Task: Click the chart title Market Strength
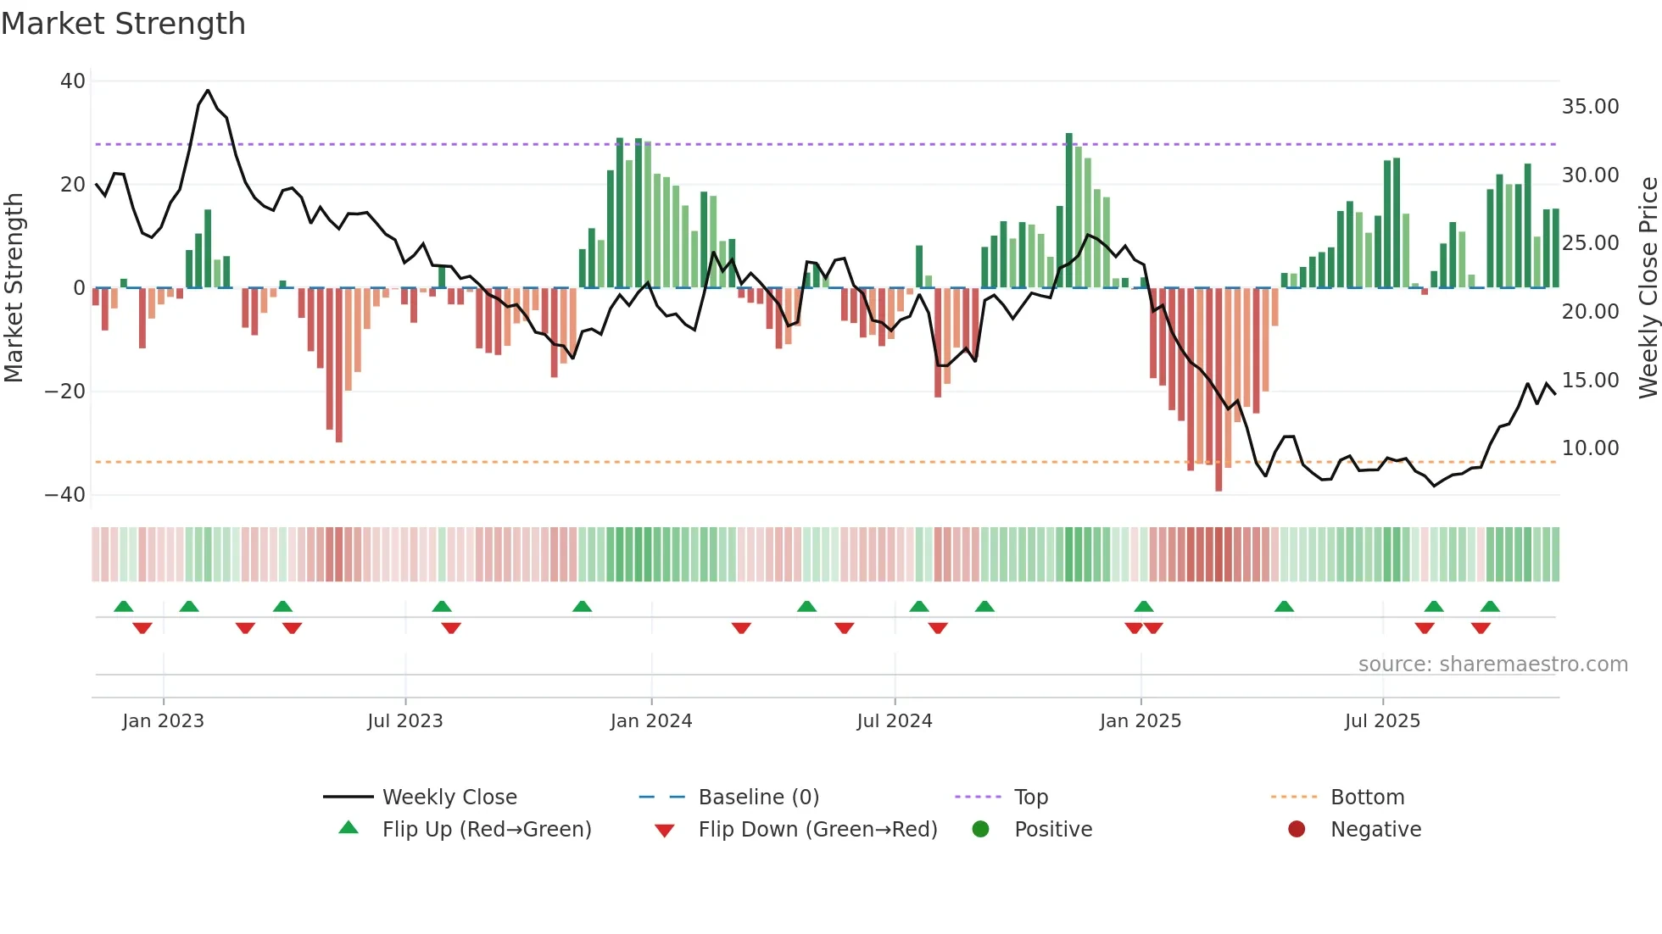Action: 123,24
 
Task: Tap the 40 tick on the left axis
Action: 73,81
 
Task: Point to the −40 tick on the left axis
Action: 65,495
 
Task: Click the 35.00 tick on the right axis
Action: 1590,107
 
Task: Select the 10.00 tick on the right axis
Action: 1590,448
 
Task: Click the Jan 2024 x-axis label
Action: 651,721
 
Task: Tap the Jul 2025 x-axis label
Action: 1382,721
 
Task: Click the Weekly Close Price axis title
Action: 1648,288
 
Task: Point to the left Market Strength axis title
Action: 14,288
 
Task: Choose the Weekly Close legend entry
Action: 449,798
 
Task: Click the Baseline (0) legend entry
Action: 758,798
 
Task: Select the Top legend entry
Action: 1030,798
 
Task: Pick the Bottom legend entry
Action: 1367,798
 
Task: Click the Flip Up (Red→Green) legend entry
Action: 486,830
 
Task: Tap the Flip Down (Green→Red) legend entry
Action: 817,830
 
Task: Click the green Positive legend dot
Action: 981,830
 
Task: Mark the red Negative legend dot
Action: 1297,830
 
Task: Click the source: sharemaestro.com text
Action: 1492,664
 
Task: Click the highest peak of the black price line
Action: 208,90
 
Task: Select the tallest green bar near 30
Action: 1069,210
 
